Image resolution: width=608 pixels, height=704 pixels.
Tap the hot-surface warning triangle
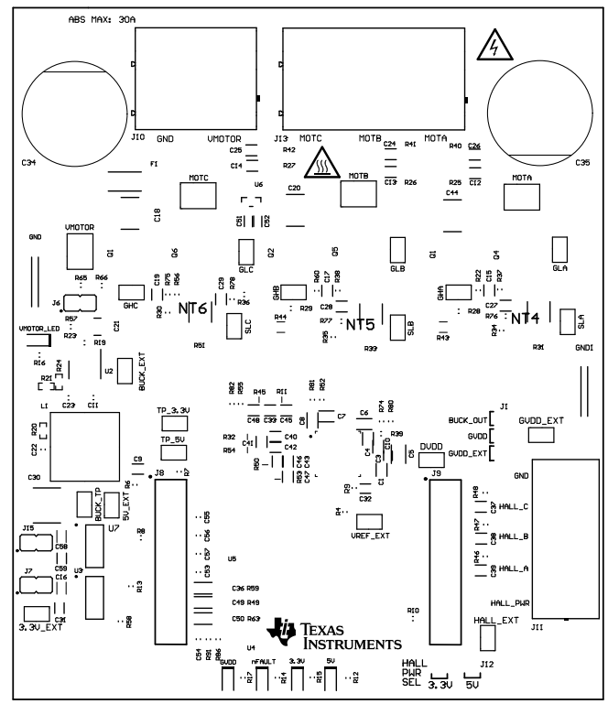[323, 162]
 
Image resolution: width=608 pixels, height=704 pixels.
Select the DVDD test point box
[430, 458]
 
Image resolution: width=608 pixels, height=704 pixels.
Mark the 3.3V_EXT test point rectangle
[35, 612]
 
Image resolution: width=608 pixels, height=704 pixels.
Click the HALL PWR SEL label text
[414, 673]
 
